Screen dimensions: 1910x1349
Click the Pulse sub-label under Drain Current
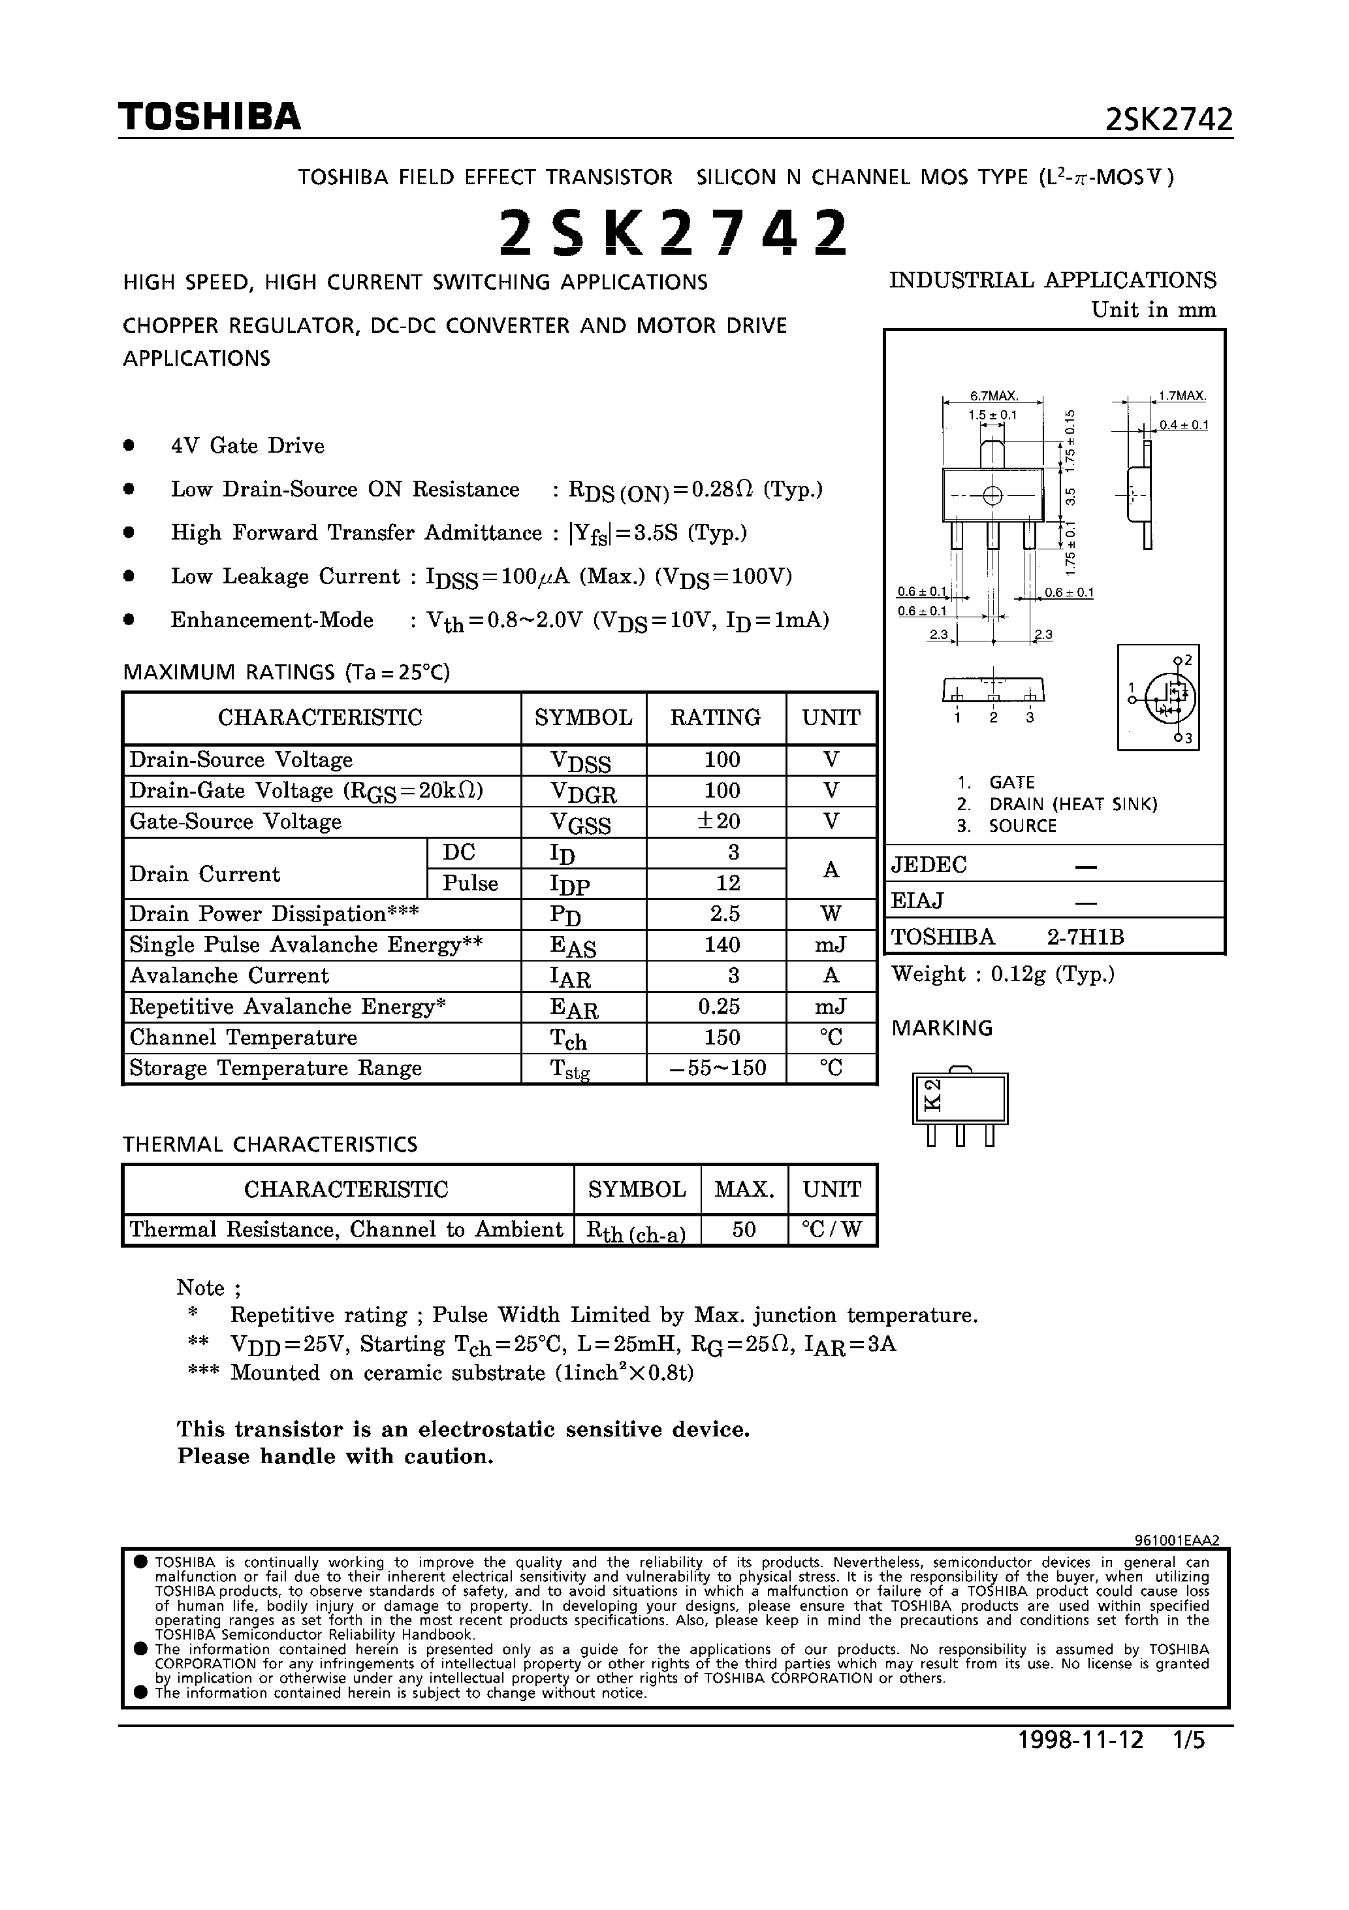coord(470,883)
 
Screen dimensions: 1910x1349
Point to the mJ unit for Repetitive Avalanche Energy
coord(830,1007)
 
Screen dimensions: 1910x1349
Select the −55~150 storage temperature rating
coord(718,1068)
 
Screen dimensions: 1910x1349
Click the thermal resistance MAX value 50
coord(744,1229)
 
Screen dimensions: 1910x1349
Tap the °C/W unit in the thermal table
coord(832,1229)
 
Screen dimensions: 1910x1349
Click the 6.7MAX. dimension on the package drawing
coord(994,396)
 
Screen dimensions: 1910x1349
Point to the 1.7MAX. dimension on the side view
coord(1182,396)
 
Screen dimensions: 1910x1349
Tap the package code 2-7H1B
coord(1085,937)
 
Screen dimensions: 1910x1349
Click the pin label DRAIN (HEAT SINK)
coord(1073,804)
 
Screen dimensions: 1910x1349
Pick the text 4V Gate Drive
coord(248,446)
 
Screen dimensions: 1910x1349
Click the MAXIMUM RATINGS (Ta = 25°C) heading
coord(286,672)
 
